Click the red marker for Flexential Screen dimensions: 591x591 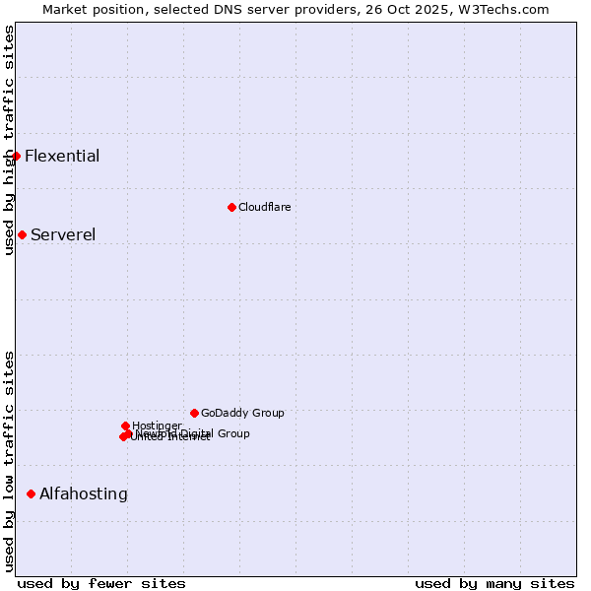(x=16, y=156)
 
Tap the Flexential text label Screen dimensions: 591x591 (x=62, y=156)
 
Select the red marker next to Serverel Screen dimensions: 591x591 (x=22, y=234)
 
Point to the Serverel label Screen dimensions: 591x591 (x=63, y=234)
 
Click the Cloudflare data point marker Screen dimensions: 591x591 (x=231, y=207)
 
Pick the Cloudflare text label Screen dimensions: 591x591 (x=264, y=207)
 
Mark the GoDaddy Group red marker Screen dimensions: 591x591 (x=194, y=413)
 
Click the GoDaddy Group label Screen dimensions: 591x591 (x=242, y=413)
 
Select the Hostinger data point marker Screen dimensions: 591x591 (x=125, y=426)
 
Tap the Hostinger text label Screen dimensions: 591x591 (x=157, y=426)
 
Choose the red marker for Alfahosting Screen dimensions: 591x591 (x=31, y=493)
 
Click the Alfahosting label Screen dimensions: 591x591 (x=84, y=493)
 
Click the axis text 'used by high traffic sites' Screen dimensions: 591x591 (x=9, y=140)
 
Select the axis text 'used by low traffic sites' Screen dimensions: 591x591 (x=9, y=461)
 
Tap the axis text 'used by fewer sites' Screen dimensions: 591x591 (x=101, y=583)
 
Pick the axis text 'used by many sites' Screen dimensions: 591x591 (x=494, y=583)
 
